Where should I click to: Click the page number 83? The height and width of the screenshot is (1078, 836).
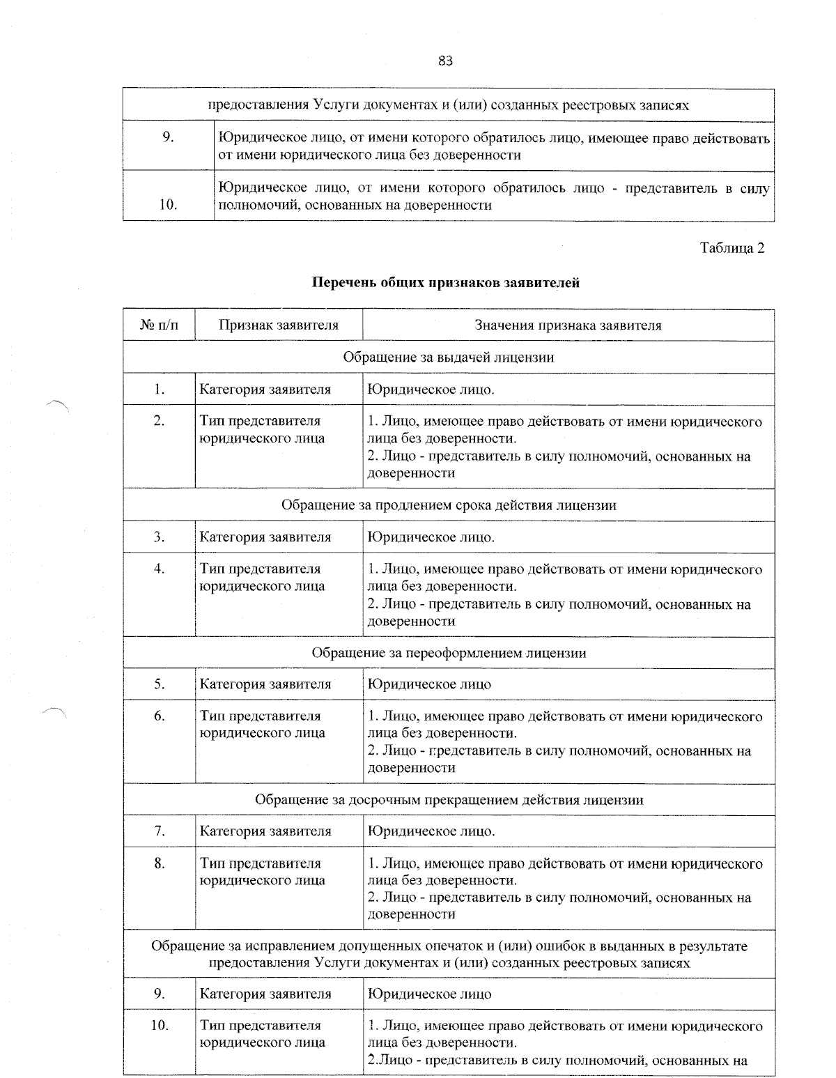click(446, 61)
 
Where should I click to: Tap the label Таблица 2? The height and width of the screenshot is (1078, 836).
click(731, 249)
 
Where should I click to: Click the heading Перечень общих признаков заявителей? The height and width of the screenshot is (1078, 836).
click(446, 283)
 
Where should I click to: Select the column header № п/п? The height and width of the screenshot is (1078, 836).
click(160, 325)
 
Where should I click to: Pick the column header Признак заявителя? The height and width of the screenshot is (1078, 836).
click(279, 325)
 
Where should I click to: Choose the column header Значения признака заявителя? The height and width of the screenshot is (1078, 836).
click(568, 325)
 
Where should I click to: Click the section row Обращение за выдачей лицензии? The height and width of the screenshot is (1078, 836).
click(449, 357)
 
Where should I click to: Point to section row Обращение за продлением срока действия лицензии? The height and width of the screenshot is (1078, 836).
click(449, 505)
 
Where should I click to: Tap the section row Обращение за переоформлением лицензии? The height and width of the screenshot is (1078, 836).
click(449, 653)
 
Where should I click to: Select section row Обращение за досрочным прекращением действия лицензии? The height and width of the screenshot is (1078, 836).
click(449, 800)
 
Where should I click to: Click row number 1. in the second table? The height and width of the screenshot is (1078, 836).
click(160, 390)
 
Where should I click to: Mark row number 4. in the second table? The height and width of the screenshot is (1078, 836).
click(160, 569)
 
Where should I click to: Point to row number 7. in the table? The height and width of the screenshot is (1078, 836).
click(160, 831)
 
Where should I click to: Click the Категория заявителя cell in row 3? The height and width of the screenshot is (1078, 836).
click(265, 537)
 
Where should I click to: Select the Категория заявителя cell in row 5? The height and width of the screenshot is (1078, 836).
click(265, 684)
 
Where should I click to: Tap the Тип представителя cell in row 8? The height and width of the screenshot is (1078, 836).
click(262, 872)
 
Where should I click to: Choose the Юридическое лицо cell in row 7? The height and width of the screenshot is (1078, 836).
click(431, 831)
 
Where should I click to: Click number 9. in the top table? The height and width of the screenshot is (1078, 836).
click(168, 137)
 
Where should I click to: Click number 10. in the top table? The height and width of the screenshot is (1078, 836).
click(168, 205)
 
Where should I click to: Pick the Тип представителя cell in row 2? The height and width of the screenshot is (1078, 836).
click(262, 429)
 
